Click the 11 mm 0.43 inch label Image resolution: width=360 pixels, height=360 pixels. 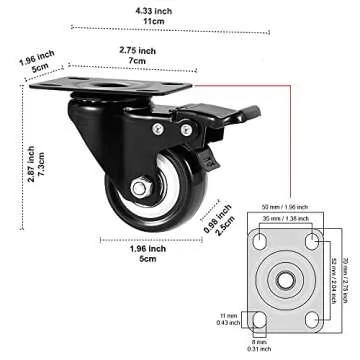coord(229,319)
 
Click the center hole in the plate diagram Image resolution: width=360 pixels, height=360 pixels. coord(285,278)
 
